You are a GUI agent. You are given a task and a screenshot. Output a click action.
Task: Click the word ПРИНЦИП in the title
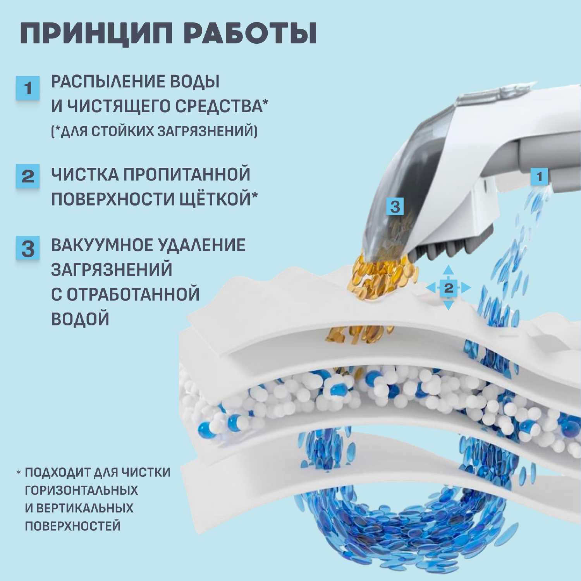[x=96, y=34]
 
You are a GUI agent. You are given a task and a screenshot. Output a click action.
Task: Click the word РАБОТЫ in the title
[x=254, y=34]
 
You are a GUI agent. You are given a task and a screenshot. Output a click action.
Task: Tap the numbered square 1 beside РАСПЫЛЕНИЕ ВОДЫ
[x=28, y=88]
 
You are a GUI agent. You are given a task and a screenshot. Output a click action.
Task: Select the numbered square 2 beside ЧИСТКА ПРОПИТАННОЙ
[x=28, y=176]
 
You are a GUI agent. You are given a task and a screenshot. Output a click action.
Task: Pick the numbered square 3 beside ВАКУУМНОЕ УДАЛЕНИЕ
[x=28, y=248]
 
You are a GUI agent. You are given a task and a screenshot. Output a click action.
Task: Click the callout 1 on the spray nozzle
[x=539, y=177]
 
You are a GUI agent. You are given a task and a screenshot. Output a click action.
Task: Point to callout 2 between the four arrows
[x=449, y=288]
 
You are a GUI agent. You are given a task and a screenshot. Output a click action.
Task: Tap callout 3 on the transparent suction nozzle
[x=395, y=206]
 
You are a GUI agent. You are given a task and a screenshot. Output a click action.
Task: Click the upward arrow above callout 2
[x=449, y=270]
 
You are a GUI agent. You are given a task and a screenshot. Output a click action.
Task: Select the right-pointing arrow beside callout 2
[x=466, y=288]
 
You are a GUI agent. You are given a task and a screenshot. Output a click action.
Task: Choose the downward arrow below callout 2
[x=449, y=305]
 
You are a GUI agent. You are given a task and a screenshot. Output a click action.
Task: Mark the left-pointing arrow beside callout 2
[x=431, y=288]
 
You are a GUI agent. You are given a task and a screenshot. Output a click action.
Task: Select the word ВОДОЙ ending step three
[x=80, y=319]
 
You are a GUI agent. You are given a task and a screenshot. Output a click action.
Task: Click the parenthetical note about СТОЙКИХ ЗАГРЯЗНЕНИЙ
[x=154, y=131]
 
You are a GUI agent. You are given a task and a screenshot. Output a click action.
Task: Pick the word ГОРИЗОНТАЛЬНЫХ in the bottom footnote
[x=81, y=490]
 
